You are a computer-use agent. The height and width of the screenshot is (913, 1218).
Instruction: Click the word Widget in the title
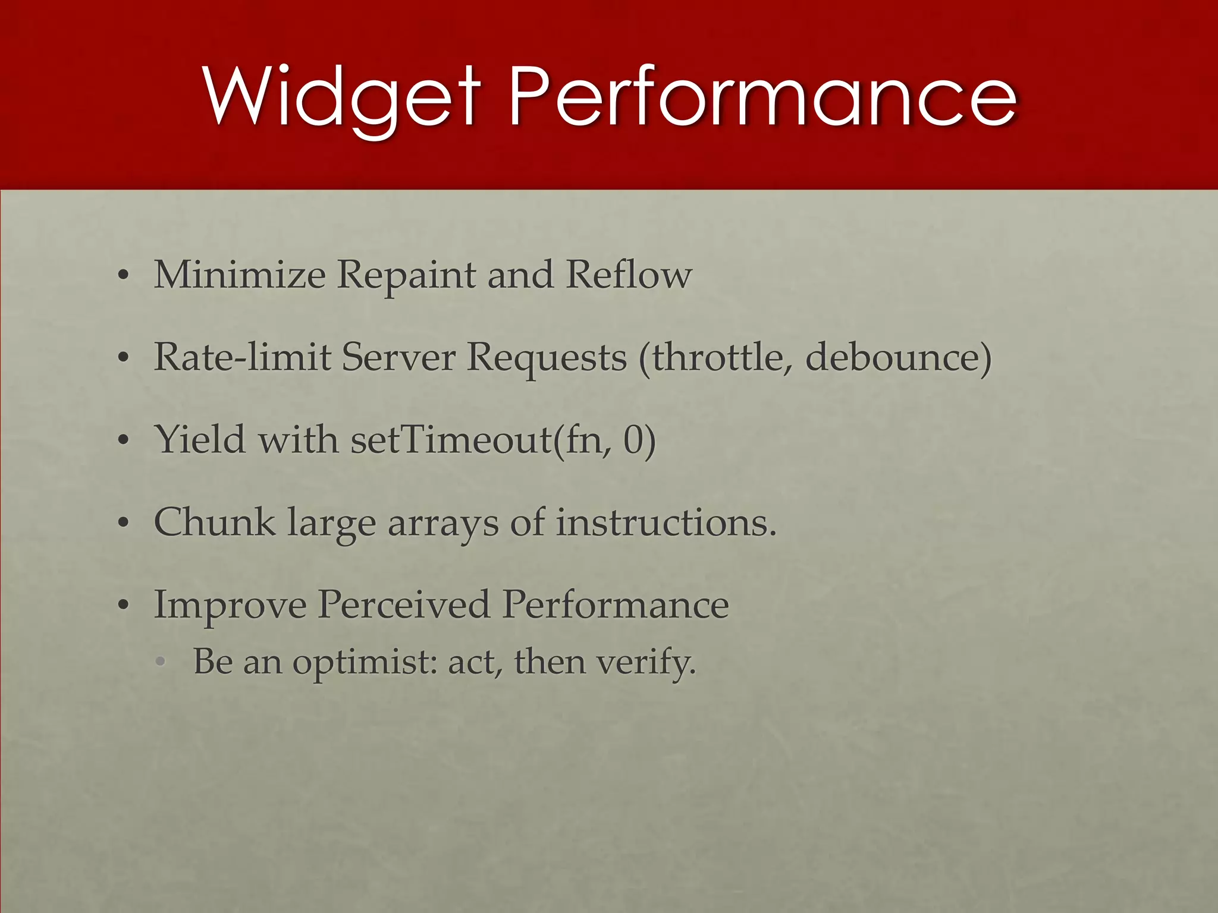(341, 97)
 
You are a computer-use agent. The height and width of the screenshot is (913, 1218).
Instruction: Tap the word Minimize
(240, 275)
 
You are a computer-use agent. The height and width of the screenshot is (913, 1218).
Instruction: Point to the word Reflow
(629, 275)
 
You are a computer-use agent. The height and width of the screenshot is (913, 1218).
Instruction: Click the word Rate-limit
(242, 357)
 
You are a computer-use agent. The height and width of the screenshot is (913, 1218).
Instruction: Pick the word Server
(398, 357)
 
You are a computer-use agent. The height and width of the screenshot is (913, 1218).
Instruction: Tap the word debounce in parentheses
(898, 357)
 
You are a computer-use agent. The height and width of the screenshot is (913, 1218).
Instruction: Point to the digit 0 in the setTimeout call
(634, 440)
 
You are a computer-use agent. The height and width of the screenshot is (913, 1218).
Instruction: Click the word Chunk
(214, 522)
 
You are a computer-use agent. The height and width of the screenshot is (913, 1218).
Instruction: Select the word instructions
(666, 522)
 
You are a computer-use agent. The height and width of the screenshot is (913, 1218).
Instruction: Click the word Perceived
(404, 605)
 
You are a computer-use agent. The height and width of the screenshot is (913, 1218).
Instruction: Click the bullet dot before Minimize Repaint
(123, 276)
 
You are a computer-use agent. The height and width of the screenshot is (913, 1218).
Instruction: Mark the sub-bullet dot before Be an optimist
(161, 663)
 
